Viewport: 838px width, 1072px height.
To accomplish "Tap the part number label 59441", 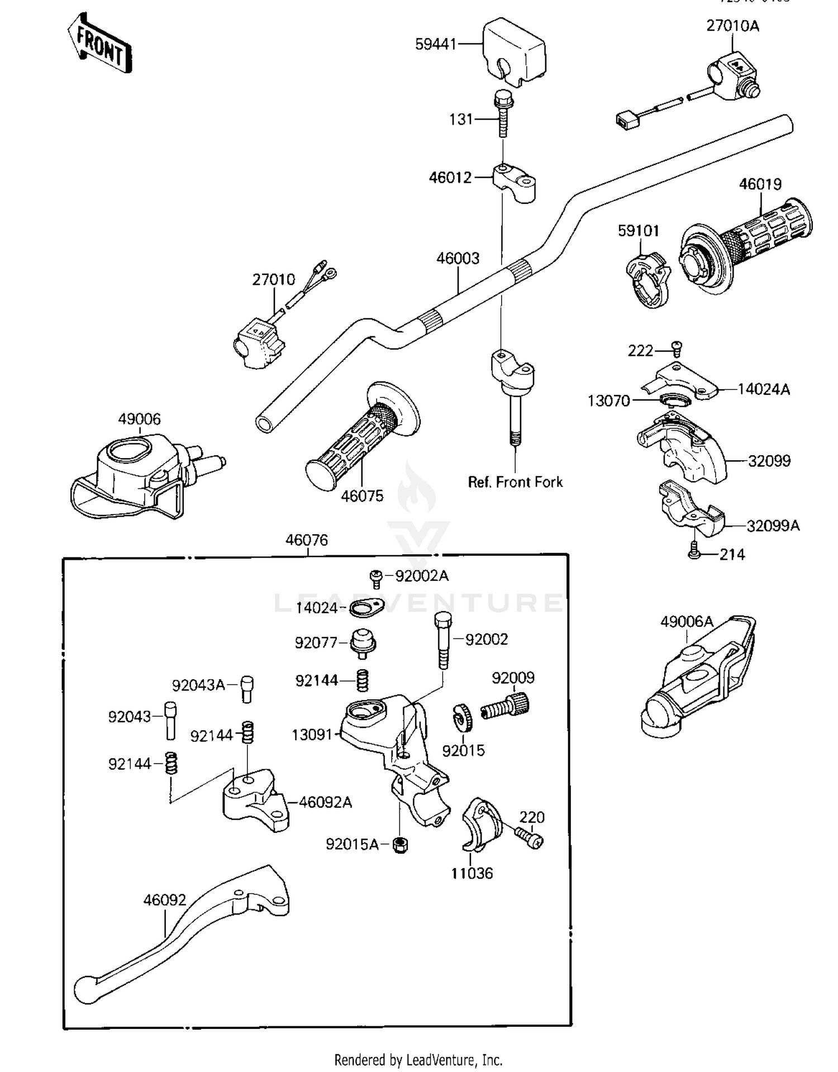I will (436, 44).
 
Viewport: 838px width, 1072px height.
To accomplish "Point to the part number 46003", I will (458, 258).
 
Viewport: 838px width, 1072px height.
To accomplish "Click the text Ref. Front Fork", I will (515, 482).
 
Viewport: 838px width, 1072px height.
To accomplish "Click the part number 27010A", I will (732, 26).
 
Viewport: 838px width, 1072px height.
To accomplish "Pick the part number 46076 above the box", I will (306, 540).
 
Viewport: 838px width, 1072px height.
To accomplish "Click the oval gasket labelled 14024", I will (366, 607).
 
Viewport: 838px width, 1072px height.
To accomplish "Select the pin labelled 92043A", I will (247, 689).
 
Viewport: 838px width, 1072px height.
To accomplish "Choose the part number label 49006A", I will (687, 621).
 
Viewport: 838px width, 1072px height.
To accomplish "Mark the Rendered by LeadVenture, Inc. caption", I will (418, 1060).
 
